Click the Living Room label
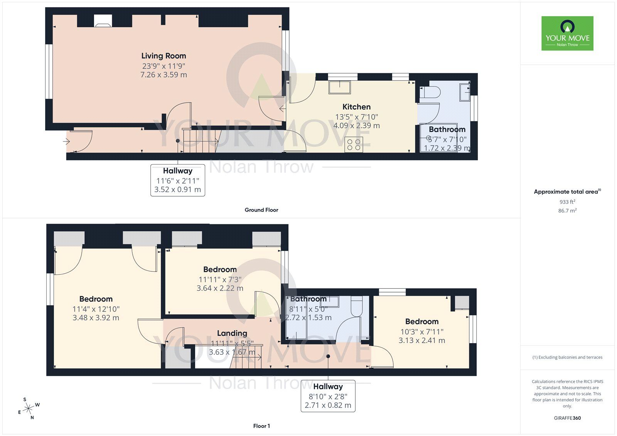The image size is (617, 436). (x=164, y=56)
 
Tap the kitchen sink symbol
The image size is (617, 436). (x=339, y=87)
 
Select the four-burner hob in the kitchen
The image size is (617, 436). (x=354, y=145)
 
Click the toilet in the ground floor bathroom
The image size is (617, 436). (x=430, y=93)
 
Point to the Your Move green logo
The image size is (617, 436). (x=567, y=34)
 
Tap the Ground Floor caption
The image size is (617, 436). (x=261, y=210)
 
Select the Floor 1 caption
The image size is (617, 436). (x=261, y=426)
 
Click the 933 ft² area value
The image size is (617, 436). (x=567, y=202)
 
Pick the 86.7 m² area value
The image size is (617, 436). (x=567, y=210)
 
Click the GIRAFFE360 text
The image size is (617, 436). (x=567, y=418)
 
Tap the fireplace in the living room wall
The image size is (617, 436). (x=103, y=22)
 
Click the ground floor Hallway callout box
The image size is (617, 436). (x=177, y=180)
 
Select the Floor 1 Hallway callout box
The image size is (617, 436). (x=328, y=396)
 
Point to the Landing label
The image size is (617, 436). (x=232, y=333)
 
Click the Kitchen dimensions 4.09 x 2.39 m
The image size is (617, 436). (x=356, y=126)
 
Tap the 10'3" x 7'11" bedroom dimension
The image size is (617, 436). (x=422, y=332)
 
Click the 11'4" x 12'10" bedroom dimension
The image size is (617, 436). (x=96, y=309)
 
